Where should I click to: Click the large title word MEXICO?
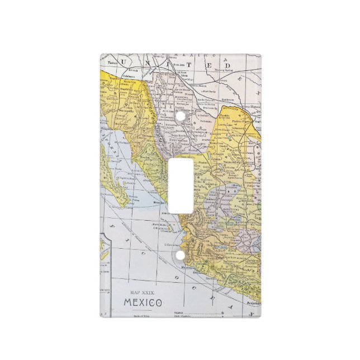[143, 302]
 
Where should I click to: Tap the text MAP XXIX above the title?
[143, 292]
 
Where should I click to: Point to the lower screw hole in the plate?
[180, 255]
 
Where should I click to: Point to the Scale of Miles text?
[143, 317]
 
